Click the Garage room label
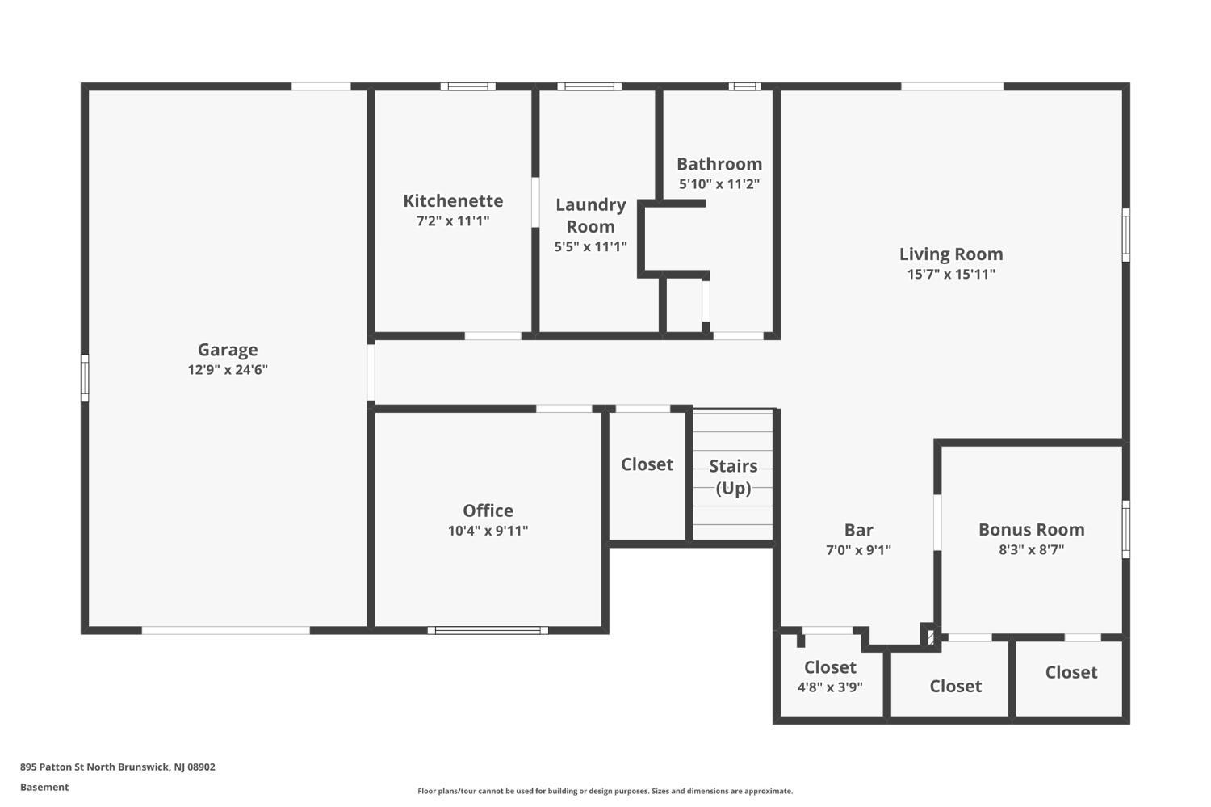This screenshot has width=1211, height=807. click(228, 350)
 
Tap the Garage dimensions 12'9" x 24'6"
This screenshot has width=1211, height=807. click(228, 370)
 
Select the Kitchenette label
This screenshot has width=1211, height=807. click(453, 200)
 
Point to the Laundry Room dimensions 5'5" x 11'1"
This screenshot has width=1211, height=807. click(590, 246)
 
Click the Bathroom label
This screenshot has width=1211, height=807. click(719, 164)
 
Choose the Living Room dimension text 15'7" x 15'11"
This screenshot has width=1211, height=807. click(951, 274)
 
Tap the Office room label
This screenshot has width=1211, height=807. click(488, 511)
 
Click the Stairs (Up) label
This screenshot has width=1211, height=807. click(733, 477)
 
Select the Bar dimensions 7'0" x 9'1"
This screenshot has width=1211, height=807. click(858, 550)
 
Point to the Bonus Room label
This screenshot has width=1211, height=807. click(1032, 530)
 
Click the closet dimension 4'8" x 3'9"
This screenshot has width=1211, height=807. click(830, 687)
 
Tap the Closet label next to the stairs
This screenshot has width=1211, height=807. click(647, 464)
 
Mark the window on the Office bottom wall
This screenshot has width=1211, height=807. click(488, 630)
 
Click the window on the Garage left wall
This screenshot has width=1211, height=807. click(85, 378)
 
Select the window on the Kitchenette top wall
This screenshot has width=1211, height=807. click(467, 86)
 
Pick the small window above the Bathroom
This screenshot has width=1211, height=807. click(744, 86)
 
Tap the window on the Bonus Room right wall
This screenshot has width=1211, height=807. click(1126, 530)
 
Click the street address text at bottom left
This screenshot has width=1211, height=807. click(118, 767)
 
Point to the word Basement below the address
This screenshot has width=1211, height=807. click(44, 787)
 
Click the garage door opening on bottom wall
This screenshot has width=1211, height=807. click(226, 630)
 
